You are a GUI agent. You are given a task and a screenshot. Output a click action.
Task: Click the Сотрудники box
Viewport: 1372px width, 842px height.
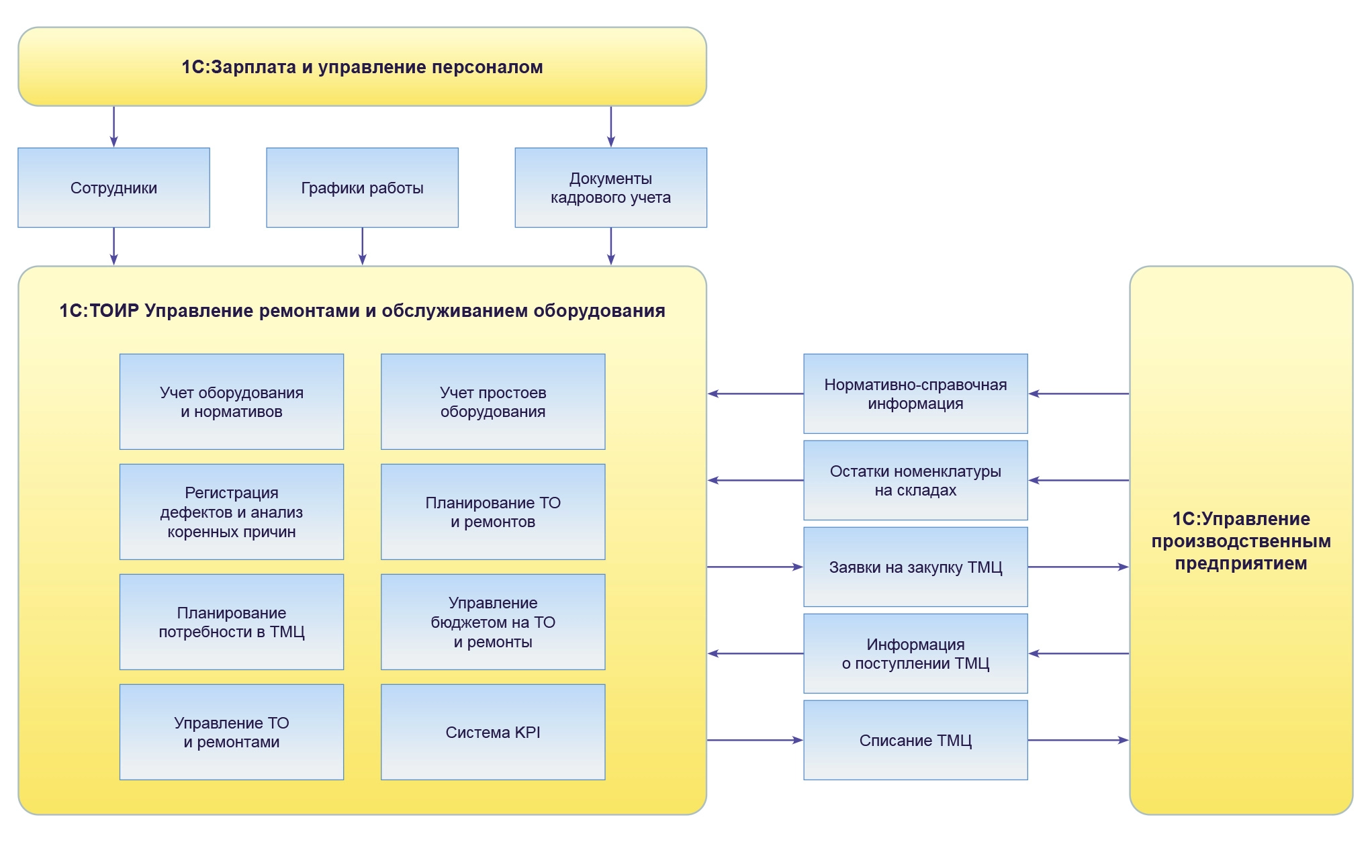click(113, 187)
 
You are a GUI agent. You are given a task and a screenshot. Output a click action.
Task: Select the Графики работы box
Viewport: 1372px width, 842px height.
click(362, 187)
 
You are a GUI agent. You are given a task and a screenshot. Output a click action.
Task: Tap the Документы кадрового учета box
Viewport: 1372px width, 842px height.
click(610, 187)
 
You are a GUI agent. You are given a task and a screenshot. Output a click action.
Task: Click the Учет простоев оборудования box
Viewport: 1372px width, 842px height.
click(493, 402)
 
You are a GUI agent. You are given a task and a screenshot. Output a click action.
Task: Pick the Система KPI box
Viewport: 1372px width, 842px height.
click(493, 732)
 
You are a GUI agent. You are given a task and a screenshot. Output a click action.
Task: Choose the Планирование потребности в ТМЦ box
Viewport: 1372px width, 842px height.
click(232, 622)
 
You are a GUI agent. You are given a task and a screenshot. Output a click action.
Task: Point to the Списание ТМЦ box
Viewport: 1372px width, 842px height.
click(915, 740)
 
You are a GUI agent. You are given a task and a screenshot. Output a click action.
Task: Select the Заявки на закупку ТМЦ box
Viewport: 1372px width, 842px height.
click(915, 567)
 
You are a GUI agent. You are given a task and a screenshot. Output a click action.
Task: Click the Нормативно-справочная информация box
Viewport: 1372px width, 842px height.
click(915, 393)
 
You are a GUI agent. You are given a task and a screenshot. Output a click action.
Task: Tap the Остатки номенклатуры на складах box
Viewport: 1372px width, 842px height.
click(915, 480)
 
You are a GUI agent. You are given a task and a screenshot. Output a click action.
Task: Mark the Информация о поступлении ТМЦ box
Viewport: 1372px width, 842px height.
click(915, 653)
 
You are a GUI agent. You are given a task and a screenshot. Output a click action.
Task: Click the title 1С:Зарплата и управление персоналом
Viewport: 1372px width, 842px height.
click(362, 67)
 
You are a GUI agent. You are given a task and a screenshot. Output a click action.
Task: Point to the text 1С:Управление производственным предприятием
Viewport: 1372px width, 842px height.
click(1240, 541)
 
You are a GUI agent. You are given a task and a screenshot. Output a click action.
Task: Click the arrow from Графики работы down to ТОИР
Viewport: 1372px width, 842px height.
click(363, 246)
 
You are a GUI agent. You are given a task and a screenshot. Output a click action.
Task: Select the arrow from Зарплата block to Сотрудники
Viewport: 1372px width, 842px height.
click(114, 126)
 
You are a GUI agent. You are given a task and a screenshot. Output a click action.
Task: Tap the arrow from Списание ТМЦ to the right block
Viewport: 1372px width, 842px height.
click(1078, 740)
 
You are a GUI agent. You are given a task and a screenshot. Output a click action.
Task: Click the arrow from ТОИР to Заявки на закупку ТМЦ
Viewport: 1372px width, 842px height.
click(755, 567)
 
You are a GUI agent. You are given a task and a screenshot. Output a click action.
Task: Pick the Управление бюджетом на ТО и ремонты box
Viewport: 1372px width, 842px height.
click(493, 622)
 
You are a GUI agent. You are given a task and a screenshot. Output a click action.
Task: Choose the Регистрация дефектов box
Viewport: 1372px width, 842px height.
click(232, 512)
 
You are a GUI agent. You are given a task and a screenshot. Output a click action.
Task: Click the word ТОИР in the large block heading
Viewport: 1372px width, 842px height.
click(114, 311)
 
